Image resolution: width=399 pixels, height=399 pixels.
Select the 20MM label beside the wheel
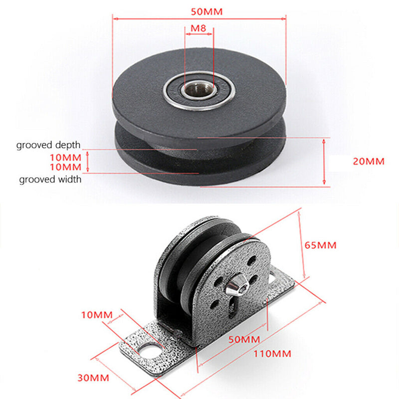pyautogui.click(x=368, y=162)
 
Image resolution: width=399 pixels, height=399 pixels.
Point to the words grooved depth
pyautogui.click(x=48, y=145)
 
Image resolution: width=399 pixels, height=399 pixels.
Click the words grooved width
pyautogui.click(x=50, y=179)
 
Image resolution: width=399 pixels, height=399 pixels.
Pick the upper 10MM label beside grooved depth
pyautogui.click(x=65, y=157)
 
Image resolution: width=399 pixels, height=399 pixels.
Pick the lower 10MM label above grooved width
pyautogui.click(x=65, y=166)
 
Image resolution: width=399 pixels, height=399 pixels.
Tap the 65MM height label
pyautogui.click(x=320, y=245)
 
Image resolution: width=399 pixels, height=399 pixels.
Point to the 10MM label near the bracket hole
pyautogui.click(x=96, y=316)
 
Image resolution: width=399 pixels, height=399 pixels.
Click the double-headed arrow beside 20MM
pyautogui.click(x=324, y=162)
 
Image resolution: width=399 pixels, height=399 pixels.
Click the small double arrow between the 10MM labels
pyautogui.click(x=88, y=162)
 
